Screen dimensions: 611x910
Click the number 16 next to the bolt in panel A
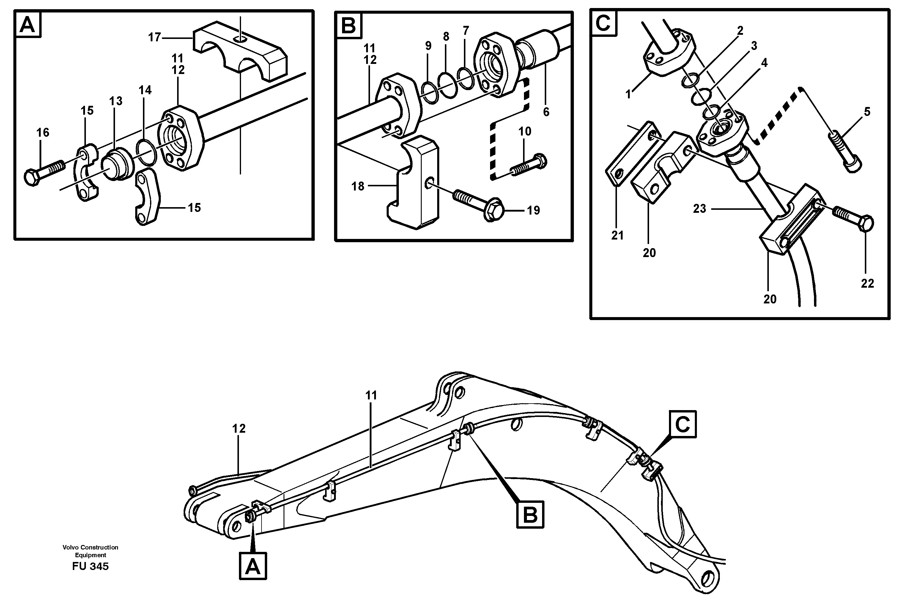pos(43,133)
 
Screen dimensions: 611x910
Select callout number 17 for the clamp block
pos(154,37)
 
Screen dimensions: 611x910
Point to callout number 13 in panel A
pos(116,101)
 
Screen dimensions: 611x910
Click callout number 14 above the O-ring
pos(145,90)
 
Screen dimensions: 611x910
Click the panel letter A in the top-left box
pos(28,26)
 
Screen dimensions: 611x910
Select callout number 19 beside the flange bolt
pos(533,211)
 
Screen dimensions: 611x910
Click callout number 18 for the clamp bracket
pos(358,187)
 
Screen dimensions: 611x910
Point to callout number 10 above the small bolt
pos(525,132)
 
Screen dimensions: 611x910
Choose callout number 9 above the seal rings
pos(428,46)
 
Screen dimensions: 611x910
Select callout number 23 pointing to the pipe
pos(700,209)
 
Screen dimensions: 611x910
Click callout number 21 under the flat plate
pos(617,235)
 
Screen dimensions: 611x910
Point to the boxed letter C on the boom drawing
pos(682,424)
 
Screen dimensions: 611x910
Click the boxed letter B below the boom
pos(530,515)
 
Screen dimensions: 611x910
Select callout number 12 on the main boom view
pos(239,429)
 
